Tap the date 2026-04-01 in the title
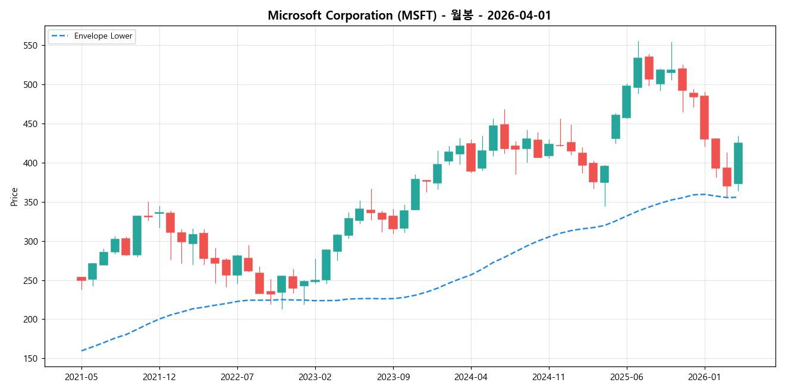coord(519,16)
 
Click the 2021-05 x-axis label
coord(81,377)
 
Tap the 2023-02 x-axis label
coord(315,377)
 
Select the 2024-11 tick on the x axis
coord(548,377)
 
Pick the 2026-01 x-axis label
coord(705,377)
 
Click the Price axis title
coord(14,197)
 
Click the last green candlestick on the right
coord(738,163)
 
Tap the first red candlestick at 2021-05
coord(81,279)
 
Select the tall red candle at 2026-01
coord(705,118)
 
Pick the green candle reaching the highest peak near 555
coord(638,72)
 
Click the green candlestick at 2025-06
coord(627,102)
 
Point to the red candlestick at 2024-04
coord(471,157)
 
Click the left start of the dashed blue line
coord(81,350)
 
